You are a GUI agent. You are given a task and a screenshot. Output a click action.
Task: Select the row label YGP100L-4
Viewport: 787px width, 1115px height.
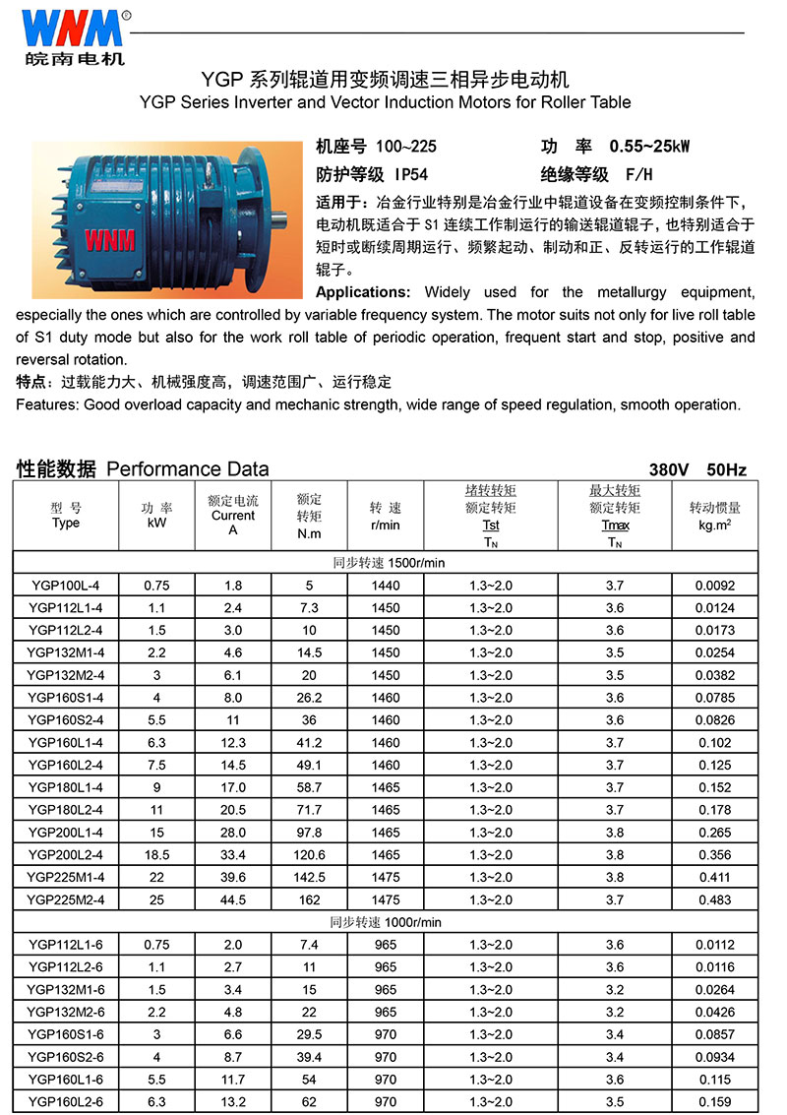(65, 586)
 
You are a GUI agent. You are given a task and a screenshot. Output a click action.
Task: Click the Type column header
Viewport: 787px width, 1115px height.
(65, 516)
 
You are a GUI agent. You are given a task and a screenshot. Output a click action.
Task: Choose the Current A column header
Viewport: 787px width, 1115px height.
(233, 516)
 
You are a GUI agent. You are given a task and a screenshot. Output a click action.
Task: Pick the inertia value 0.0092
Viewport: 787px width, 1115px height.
(714, 586)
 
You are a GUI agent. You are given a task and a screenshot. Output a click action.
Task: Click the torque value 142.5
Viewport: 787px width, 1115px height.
(309, 877)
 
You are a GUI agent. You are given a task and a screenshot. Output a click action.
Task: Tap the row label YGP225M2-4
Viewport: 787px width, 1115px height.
(65, 899)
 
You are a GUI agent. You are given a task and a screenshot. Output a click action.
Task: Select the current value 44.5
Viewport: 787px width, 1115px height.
(233, 899)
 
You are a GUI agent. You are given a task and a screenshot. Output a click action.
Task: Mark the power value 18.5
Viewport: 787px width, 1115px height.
(156, 855)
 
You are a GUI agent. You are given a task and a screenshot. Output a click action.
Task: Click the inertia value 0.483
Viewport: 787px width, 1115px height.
(714, 899)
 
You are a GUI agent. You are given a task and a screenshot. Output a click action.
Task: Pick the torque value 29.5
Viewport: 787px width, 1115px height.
(309, 1034)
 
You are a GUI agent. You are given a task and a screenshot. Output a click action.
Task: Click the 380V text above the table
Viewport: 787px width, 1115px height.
(671, 469)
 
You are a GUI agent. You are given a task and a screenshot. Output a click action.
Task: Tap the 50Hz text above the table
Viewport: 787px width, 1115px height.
(726, 469)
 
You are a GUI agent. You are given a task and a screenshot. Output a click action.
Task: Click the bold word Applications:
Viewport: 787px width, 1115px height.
(363, 292)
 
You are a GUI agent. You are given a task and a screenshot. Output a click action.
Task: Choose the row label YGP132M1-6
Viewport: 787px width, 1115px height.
(65, 989)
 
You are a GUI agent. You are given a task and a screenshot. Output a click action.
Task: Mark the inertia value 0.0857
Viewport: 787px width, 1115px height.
(714, 1034)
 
